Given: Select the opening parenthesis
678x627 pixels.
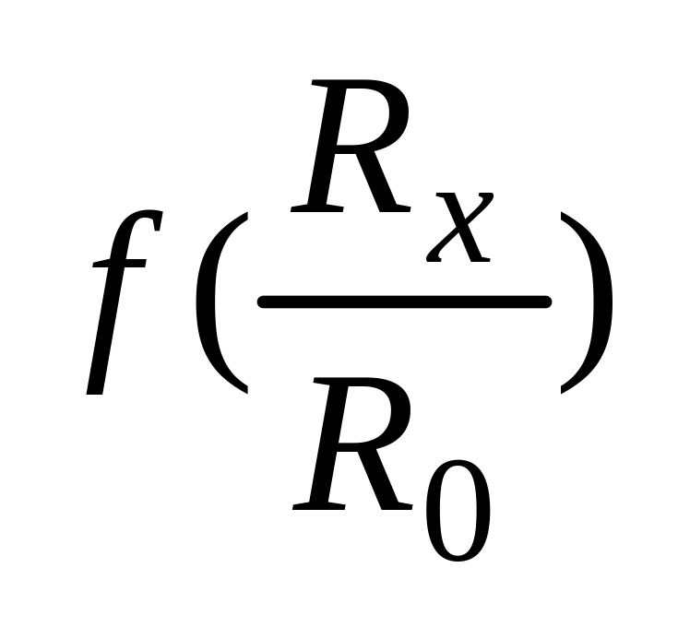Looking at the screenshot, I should (220, 302).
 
